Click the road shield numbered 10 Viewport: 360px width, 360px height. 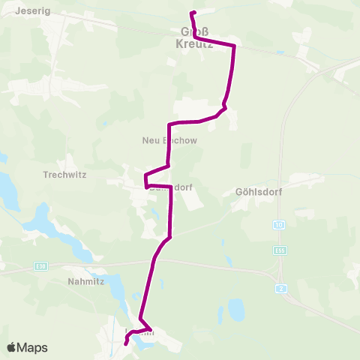coord(278,224)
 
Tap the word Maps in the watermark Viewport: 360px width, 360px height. coord(34,347)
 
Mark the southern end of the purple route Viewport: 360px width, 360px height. coord(125,344)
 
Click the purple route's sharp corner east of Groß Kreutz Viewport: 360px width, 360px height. coord(235,46)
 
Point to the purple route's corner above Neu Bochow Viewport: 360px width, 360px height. coord(171,123)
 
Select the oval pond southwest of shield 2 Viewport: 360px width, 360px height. coord(236,307)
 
